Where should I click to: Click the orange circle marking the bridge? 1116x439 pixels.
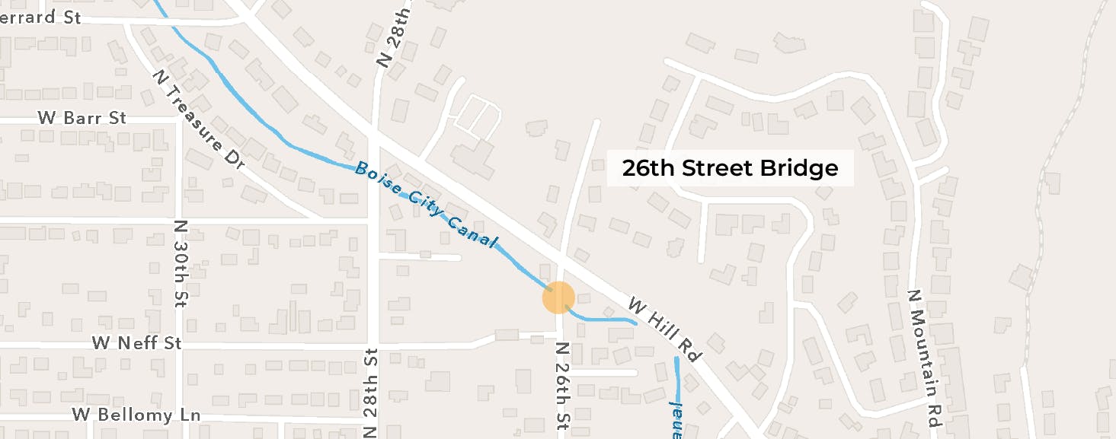click(558, 297)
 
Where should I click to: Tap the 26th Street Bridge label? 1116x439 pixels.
click(730, 168)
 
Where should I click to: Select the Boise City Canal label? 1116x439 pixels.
click(427, 206)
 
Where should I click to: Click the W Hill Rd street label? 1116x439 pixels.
click(664, 329)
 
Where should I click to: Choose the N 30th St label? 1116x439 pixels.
click(181, 263)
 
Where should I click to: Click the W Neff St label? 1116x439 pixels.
click(137, 343)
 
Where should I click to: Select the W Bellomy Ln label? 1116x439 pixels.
click(136, 415)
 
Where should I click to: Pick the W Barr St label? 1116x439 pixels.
click(82, 118)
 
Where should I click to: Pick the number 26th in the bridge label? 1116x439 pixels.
click(648, 168)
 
